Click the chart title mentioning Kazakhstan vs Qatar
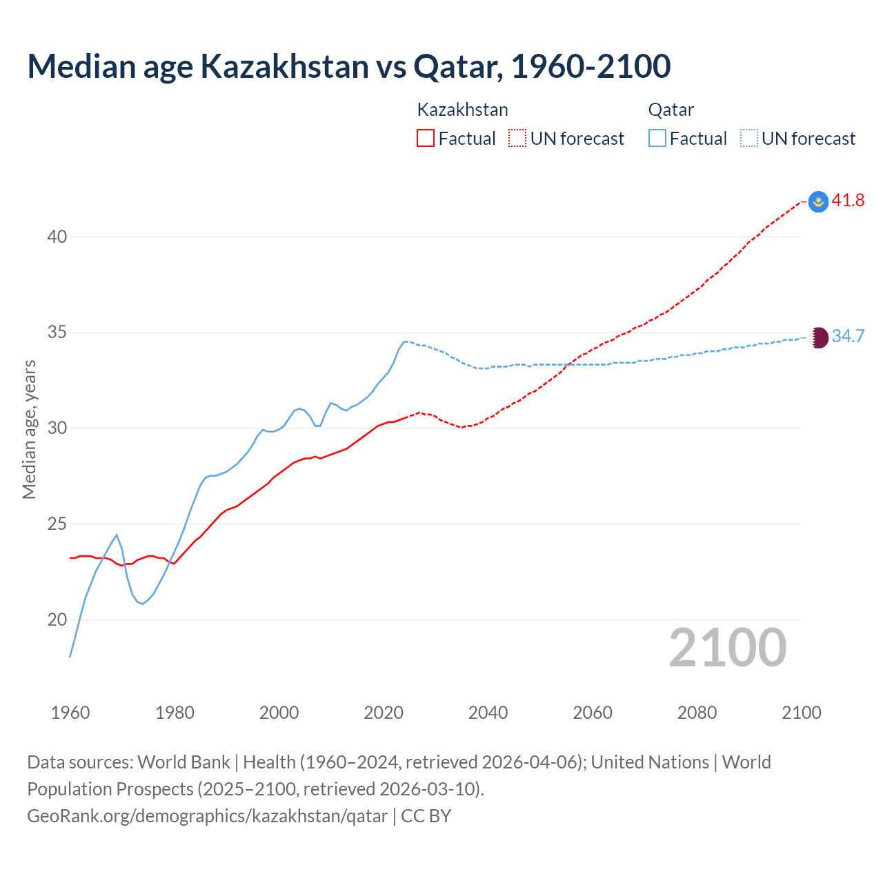348,66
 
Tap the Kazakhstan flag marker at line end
818,201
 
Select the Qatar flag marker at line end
818,337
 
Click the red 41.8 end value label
848,201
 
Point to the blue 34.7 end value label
848,337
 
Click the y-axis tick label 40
57,237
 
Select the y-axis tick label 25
57,524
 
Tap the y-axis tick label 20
57,619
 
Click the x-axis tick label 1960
70,713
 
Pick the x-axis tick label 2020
384,713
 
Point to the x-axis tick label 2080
697,713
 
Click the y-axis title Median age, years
29,429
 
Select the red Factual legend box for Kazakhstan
426,139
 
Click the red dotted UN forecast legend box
517,139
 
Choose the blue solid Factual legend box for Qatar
657,139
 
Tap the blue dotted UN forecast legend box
749,139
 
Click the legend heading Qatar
671,110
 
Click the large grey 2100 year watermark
727,648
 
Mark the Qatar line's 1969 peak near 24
117,535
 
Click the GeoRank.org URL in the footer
207,816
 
